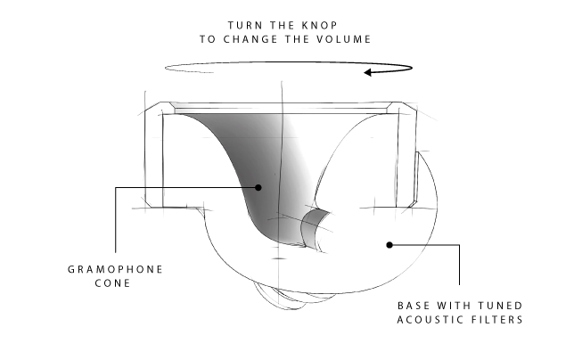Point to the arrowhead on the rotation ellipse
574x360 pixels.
tap(367, 72)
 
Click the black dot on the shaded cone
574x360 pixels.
tap(258, 187)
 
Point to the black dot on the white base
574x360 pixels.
tap(389, 242)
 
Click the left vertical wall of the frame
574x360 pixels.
tap(154, 160)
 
